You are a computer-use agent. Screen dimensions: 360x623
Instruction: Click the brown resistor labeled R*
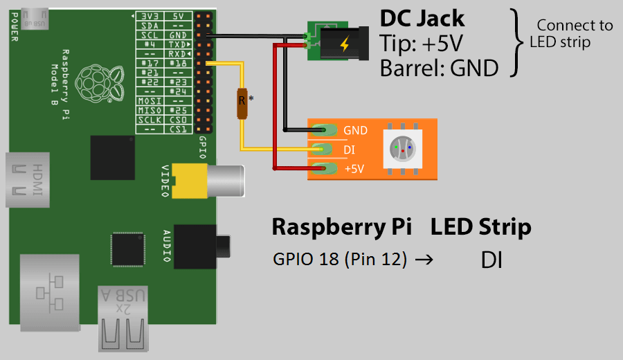(242, 103)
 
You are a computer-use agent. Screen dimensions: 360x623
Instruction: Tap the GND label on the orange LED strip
(355, 130)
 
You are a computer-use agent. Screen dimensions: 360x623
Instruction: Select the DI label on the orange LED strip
(350, 149)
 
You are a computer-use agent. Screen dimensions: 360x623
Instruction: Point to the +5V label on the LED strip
(354, 168)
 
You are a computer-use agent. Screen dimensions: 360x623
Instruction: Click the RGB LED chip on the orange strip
(402, 148)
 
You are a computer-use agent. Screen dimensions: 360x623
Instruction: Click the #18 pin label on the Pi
(179, 62)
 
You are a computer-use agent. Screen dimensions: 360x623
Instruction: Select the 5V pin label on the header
(178, 15)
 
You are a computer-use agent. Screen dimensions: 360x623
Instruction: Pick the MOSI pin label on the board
(149, 101)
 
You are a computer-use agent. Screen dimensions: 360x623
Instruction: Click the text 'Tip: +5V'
(420, 44)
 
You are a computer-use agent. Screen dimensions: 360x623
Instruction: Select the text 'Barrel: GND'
(439, 68)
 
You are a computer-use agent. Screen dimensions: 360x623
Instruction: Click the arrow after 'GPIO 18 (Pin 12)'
(427, 260)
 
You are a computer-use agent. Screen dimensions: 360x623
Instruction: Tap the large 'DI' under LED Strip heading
(491, 260)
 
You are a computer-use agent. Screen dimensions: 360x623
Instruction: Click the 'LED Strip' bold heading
(480, 227)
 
